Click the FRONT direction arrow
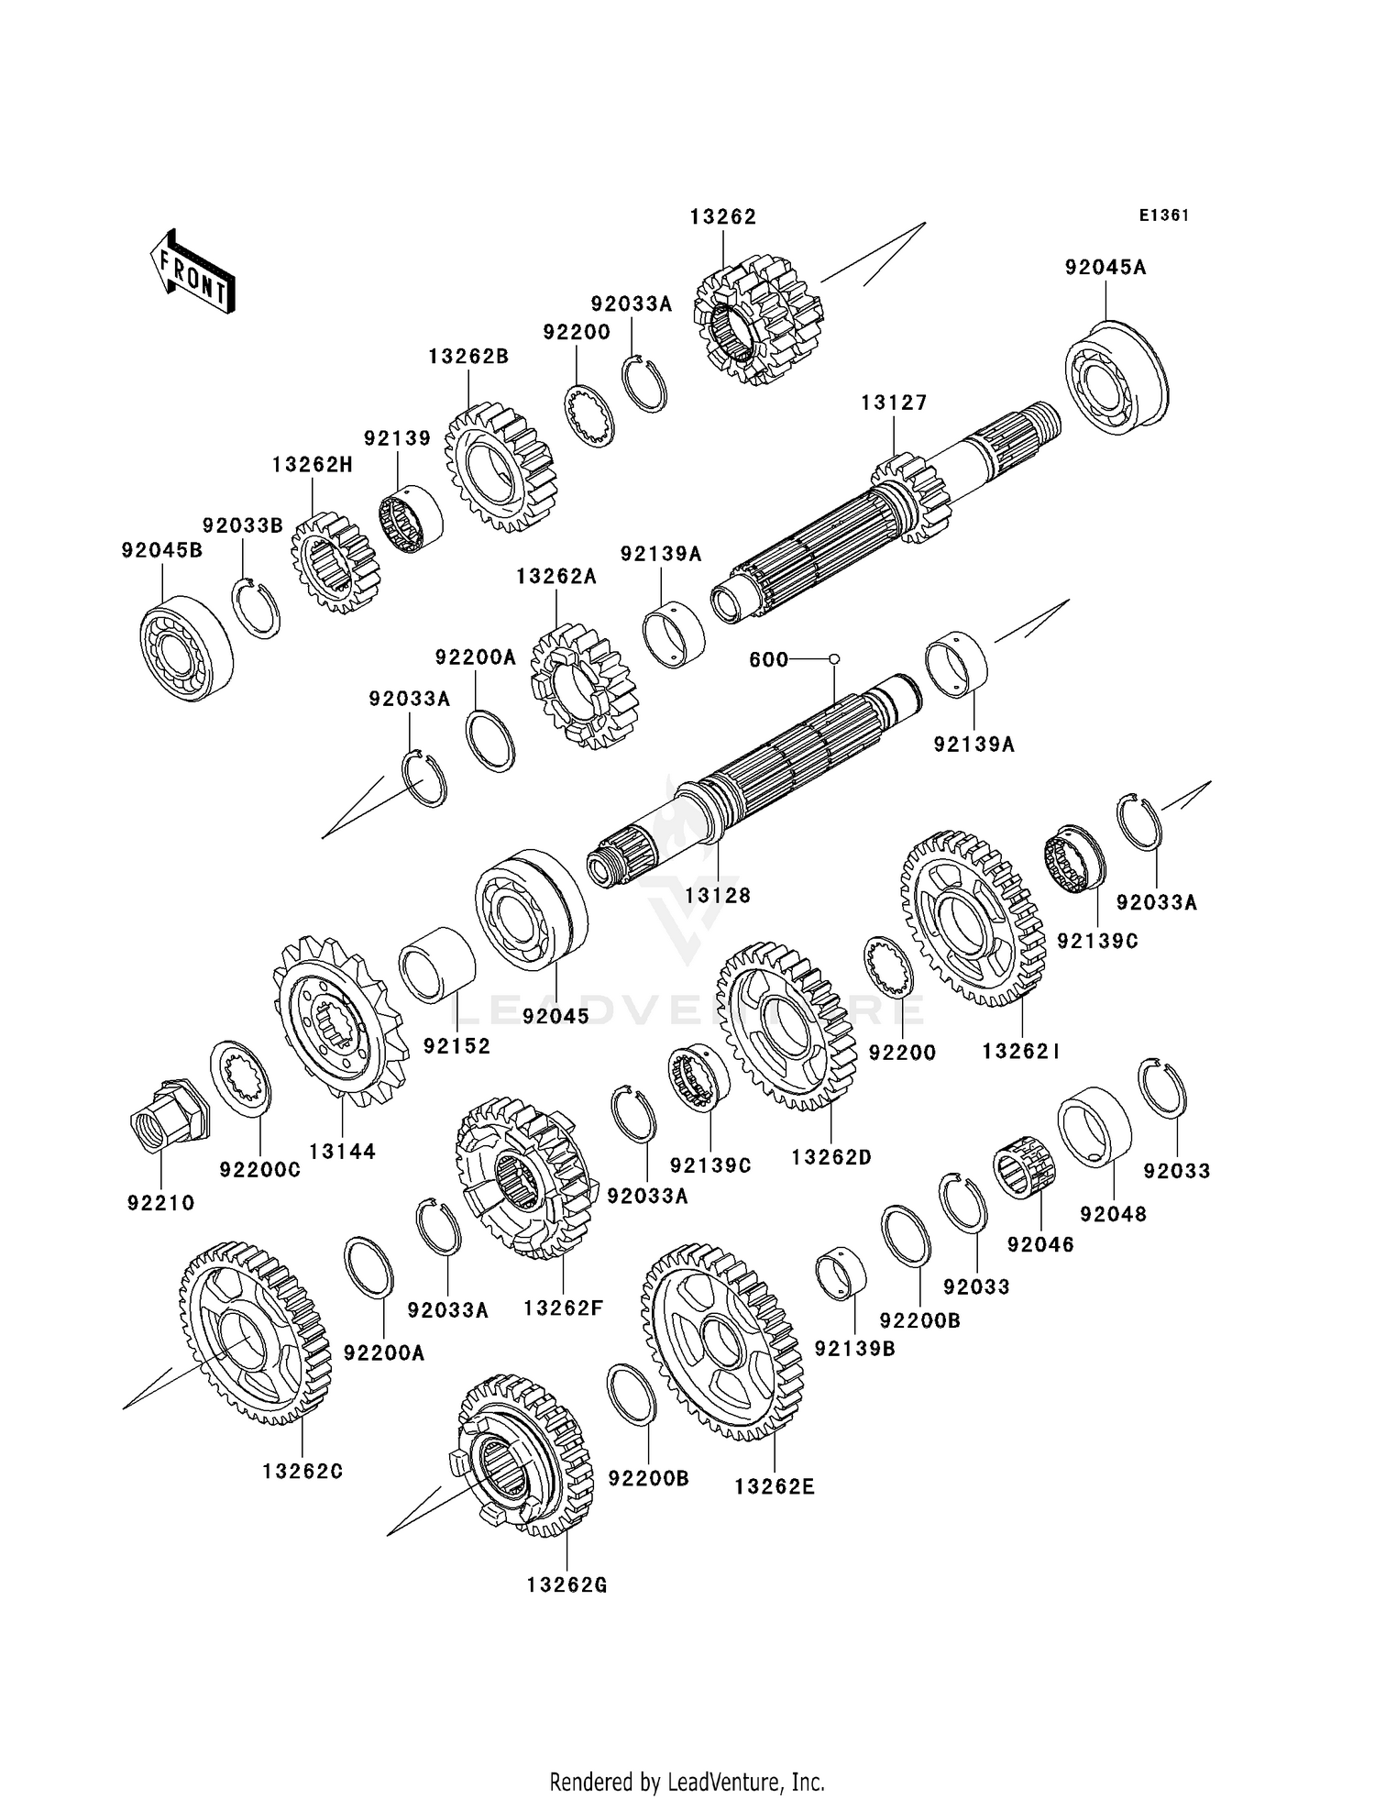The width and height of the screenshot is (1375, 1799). coord(193,272)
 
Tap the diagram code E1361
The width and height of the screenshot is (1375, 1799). coord(1163,215)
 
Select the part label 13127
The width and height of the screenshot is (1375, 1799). coord(894,403)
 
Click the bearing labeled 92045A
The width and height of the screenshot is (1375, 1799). coord(1116,377)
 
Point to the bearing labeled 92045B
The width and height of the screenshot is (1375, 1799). coord(186,647)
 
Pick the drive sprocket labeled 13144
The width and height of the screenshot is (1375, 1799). coord(338,1020)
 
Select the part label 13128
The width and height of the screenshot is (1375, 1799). coord(717,895)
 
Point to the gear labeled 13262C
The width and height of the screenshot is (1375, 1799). coord(254,1332)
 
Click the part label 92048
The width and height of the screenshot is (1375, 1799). coord(1113,1214)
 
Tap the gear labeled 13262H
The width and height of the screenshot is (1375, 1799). coord(335,563)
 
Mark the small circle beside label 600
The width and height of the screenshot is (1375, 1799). coord(834,659)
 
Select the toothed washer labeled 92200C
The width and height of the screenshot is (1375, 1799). coord(240,1077)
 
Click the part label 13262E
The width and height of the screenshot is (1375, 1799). coord(774,1486)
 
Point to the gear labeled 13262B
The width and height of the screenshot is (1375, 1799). coord(500,466)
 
